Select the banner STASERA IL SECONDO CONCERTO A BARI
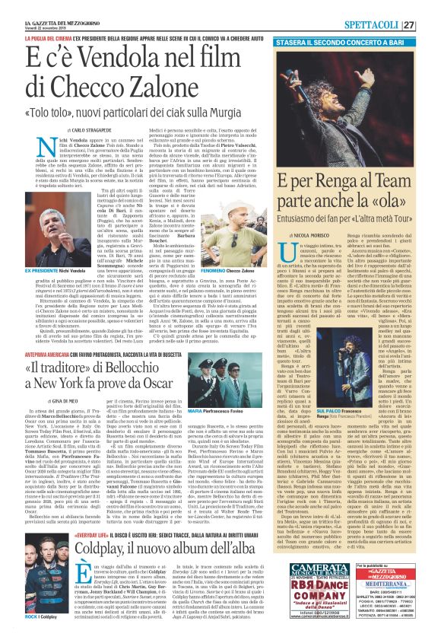[346, 26]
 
